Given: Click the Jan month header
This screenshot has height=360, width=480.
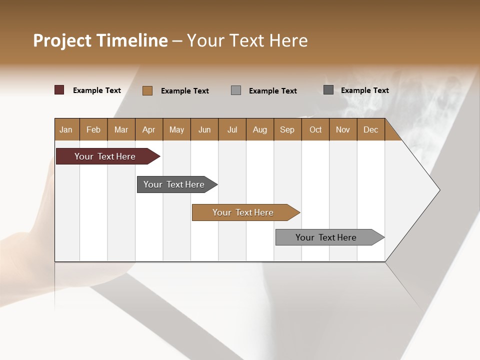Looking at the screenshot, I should click(66, 129).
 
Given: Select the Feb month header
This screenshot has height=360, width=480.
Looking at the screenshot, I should click(93, 129).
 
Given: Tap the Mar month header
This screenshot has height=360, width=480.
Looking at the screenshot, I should click(121, 129).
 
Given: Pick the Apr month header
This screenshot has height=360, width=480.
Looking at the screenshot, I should click(149, 129).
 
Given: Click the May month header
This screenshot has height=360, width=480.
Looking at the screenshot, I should click(176, 129).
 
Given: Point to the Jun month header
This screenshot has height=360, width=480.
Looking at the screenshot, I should click(204, 129).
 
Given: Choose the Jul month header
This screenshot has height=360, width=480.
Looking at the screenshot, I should click(232, 129).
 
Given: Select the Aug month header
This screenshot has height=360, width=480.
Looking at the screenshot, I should click(260, 129).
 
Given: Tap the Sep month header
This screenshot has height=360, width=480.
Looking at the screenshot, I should click(287, 129).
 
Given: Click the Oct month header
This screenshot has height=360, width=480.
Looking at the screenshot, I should click(315, 129).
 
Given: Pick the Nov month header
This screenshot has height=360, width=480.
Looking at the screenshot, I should click(343, 129).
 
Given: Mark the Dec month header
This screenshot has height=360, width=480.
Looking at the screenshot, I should click(371, 129).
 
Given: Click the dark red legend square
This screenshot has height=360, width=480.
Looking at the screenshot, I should click(59, 90).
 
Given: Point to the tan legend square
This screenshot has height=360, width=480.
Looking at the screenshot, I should click(147, 90).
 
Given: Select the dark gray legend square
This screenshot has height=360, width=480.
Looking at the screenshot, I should click(328, 90).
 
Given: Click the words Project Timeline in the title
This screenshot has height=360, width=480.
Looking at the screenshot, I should click(100, 40).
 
